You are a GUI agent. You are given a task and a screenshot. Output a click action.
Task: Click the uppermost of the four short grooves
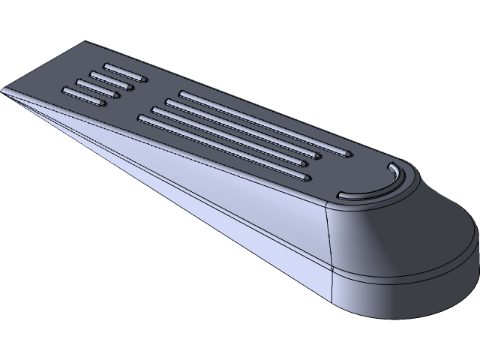124,72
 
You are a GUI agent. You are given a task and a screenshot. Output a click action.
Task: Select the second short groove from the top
112,80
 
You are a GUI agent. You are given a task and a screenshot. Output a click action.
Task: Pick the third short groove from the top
97,88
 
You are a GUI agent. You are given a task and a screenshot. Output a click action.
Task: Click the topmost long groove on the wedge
262,124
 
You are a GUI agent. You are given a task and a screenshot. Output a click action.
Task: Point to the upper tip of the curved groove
390,164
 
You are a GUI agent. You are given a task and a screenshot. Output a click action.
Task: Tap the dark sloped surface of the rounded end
405,240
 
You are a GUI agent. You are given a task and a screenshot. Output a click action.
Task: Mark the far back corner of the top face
88,42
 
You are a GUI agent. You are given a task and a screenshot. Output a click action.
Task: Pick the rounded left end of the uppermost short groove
106,65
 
